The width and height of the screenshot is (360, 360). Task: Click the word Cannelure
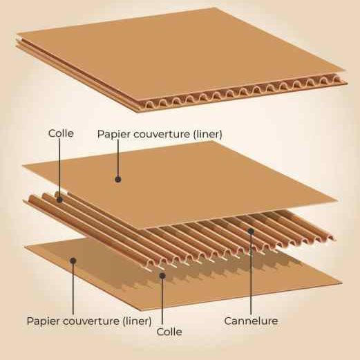click(x=251, y=321)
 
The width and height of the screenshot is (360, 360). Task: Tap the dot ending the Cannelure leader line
click(x=251, y=231)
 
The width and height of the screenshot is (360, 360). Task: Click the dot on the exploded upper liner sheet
click(x=118, y=179)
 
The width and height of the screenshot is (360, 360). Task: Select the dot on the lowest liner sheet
click(x=73, y=260)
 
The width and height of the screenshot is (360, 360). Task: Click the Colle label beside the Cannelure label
click(x=169, y=332)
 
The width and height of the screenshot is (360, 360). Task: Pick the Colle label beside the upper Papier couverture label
click(x=61, y=133)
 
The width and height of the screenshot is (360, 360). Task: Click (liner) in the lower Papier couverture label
click(x=137, y=321)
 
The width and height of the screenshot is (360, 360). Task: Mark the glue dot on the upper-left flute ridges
click(x=59, y=200)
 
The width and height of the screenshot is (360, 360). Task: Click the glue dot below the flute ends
click(x=162, y=276)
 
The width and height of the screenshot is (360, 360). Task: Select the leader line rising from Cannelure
click(x=251, y=273)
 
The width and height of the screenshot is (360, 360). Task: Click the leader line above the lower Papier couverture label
click(x=73, y=287)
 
